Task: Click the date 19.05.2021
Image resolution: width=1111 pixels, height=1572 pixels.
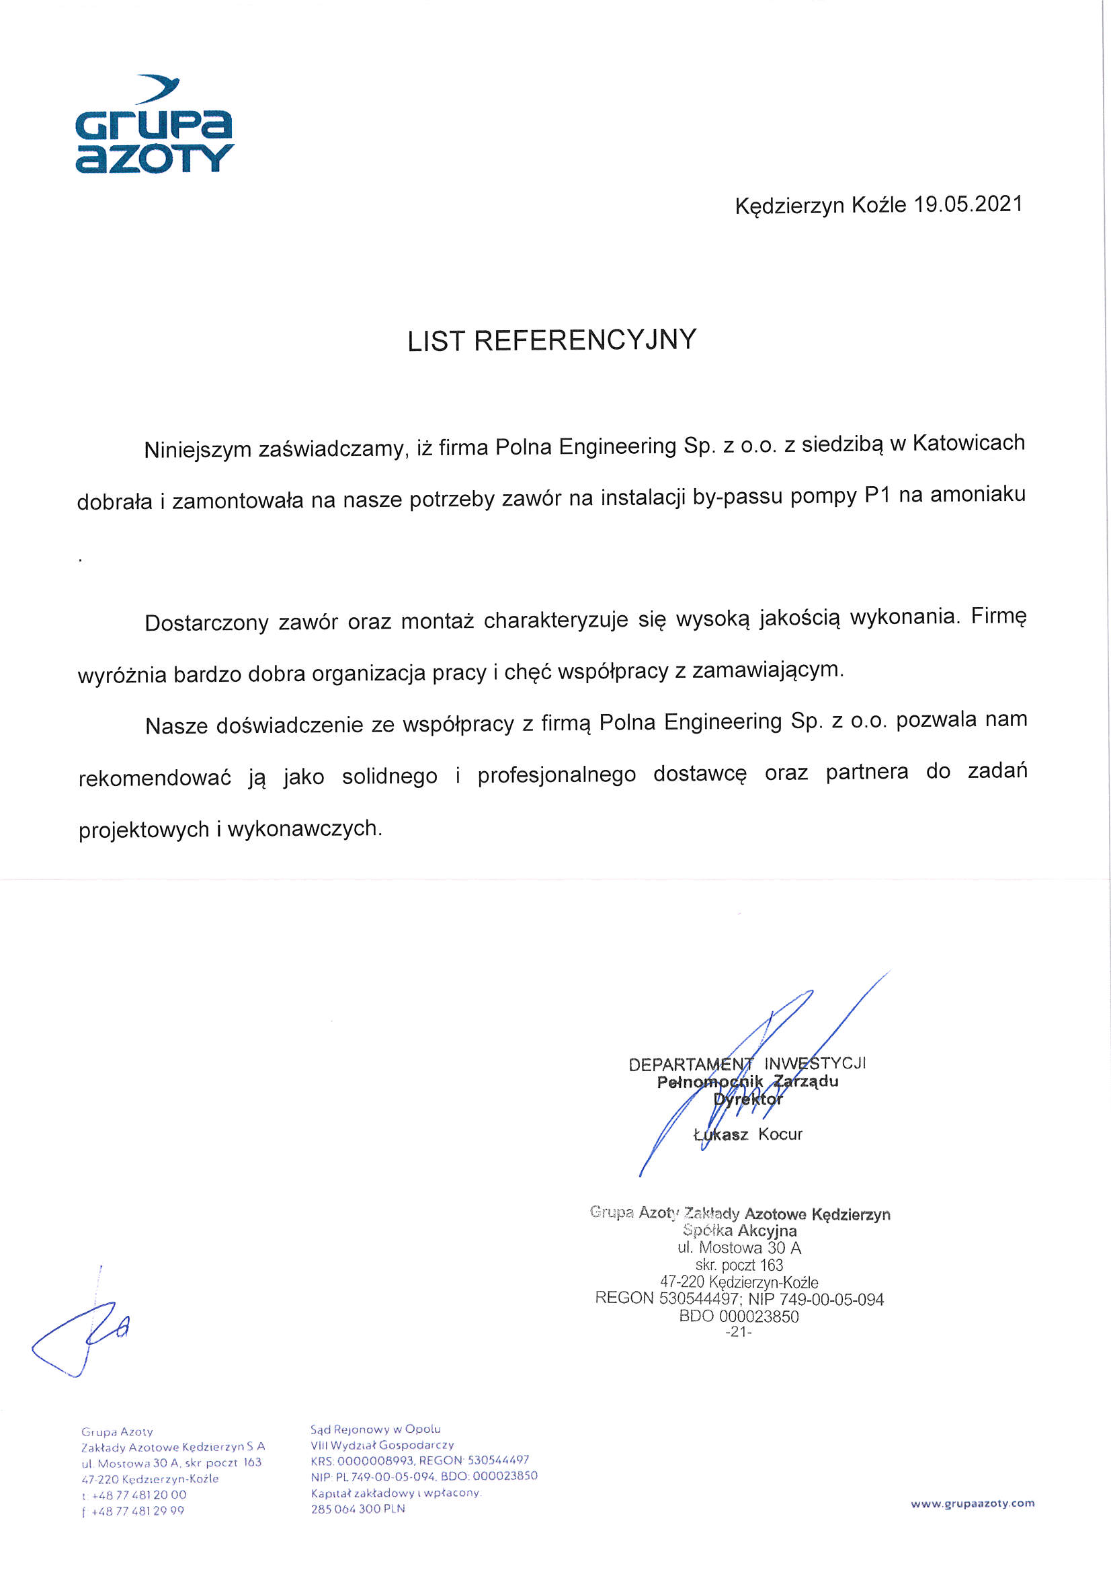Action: coord(968,204)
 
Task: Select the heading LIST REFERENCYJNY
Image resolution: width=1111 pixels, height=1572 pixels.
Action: coord(552,340)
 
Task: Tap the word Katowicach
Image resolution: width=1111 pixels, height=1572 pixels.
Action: coord(969,443)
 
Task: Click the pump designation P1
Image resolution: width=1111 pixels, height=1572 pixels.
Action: coord(877,495)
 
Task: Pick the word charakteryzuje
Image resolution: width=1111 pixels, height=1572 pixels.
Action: coord(556,621)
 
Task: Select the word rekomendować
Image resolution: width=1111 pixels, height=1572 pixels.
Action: coord(155,779)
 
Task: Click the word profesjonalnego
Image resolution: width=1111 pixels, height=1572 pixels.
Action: coord(557,775)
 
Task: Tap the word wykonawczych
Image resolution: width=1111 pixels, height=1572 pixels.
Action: coord(304,828)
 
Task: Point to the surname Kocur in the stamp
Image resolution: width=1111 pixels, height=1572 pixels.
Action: coord(780,1134)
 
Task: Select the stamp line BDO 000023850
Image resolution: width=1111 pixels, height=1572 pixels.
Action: coord(739,1316)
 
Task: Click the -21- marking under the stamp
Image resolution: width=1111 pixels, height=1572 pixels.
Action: coord(739,1332)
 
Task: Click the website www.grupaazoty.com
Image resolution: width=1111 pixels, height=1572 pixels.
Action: coord(972,1503)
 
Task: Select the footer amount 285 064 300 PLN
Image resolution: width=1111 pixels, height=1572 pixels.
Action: coord(358,1509)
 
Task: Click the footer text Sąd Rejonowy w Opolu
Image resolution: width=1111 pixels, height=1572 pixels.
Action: coord(375,1429)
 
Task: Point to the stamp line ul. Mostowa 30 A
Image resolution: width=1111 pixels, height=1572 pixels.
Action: coord(739,1247)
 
